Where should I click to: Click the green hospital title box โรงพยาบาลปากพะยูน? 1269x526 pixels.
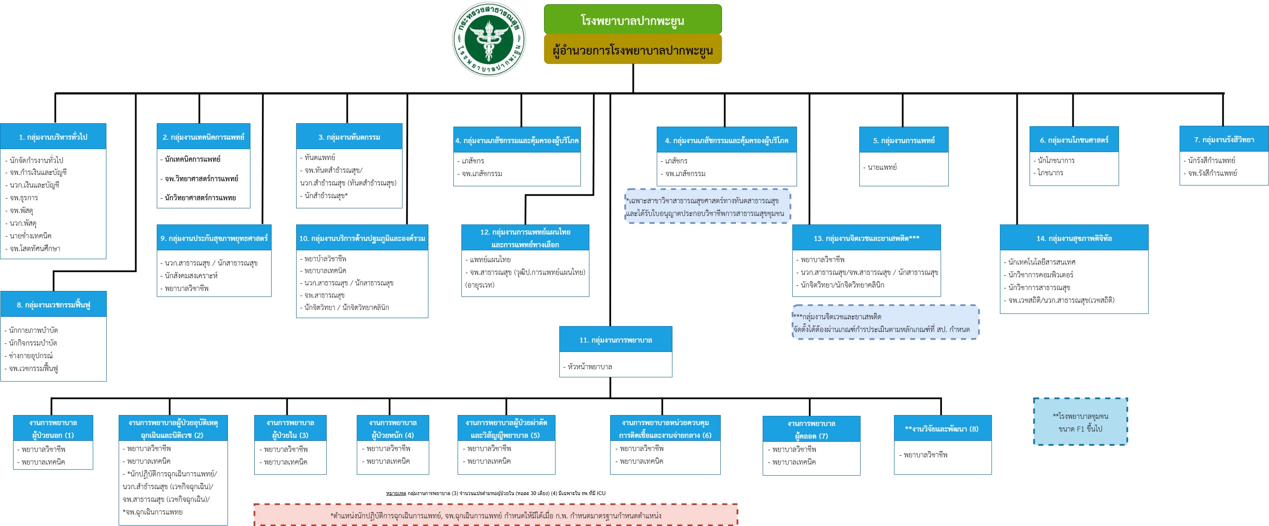pyautogui.click(x=633, y=20)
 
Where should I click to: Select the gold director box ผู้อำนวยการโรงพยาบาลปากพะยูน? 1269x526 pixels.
pyautogui.click(x=633, y=50)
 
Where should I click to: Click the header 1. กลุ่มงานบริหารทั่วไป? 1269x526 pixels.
pyautogui.click(x=53, y=137)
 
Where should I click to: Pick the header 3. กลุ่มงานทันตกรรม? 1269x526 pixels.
pyautogui.click(x=349, y=137)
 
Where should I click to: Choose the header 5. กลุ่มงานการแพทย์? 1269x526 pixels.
pyautogui.click(x=903, y=140)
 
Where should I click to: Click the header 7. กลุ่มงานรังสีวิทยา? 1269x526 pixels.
pyautogui.click(x=1224, y=140)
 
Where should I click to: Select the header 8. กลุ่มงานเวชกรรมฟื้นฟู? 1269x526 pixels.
pyautogui.click(x=53, y=305)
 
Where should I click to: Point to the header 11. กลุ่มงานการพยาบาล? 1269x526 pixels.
pyautogui.click(x=615, y=340)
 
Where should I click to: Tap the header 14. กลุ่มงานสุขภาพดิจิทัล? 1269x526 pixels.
pyautogui.click(x=1074, y=238)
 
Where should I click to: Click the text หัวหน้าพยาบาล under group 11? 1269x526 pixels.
pyautogui.click(x=590, y=367)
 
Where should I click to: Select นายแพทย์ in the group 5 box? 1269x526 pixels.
pyautogui.click(x=882, y=167)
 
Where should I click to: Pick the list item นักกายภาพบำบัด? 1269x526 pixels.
pyautogui.click(x=33, y=330)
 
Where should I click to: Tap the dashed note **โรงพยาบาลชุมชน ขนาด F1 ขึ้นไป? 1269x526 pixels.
pyautogui.click(x=1080, y=422)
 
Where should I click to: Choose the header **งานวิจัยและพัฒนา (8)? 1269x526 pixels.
pyautogui.click(x=941, y=429)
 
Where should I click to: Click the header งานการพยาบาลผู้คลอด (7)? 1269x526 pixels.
pyautogui.click(x=811, y=429)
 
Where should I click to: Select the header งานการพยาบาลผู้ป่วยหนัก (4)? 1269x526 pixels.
pyautogui.click(x=393, y=429)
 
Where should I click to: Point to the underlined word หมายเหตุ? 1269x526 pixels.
pyautogui.click(x=396, y=493)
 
